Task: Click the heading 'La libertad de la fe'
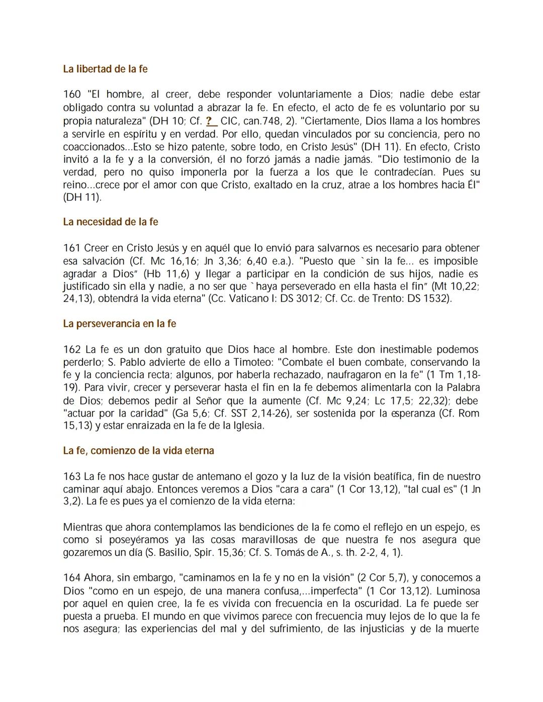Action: [105, 69]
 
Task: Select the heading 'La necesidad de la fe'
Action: [111, 222]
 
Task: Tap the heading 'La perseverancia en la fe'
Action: [119, 324]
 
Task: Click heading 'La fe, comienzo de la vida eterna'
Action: [138, 451]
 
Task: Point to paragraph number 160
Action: [72, 94]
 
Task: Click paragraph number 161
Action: [72, 248]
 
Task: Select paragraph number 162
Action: [72, 349]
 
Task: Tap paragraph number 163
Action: [72, 476]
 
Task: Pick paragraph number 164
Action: [72, 578]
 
